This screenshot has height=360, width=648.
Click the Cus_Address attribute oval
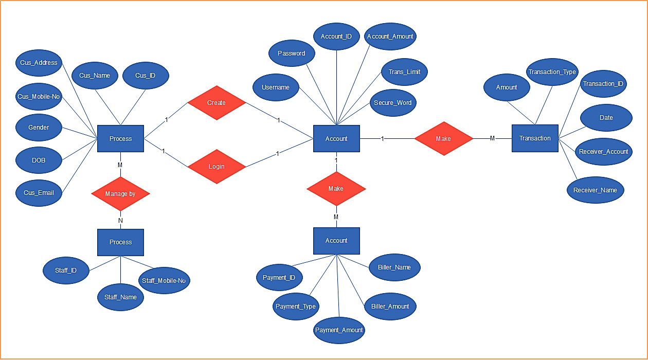(39, 63)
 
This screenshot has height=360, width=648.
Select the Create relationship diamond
(216, 103)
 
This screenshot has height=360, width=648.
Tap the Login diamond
(217, 167)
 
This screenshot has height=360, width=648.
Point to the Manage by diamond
(120, 194)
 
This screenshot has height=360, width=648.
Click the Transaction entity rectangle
(535, 138)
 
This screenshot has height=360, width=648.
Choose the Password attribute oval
(292, 53)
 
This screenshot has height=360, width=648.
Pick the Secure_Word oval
(392, 103)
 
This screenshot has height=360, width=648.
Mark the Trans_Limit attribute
(404, 72)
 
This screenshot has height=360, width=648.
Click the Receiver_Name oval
(595, 190)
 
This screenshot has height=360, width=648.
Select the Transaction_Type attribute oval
(552, 72)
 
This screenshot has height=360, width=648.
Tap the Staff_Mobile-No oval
(164, 281)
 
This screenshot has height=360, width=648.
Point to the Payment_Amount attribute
(339, 330)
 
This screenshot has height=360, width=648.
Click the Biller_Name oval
(395, 267)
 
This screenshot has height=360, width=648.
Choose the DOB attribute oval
(39, 160)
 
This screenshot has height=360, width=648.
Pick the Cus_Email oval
(39, 193)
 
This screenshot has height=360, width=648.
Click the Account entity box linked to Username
(336, 139)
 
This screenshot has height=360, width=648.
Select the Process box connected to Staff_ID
(120, 242)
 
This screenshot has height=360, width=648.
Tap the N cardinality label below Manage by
(120, 221)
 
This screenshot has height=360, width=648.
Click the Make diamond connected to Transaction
(443, 139)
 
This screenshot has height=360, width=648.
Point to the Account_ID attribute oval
(336, 37)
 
